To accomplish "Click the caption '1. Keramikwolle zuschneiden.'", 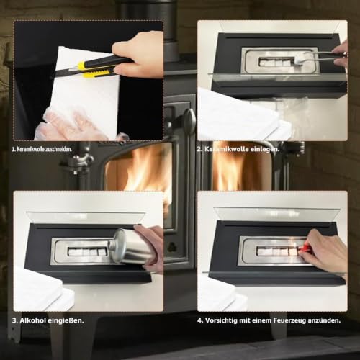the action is [42, 149].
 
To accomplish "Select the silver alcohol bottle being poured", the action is [130, 247].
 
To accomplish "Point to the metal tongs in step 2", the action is [318, 57].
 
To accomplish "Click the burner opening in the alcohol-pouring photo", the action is [87, 251].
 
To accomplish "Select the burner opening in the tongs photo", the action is [276, 62].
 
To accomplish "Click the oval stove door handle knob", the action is [190, 120].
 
